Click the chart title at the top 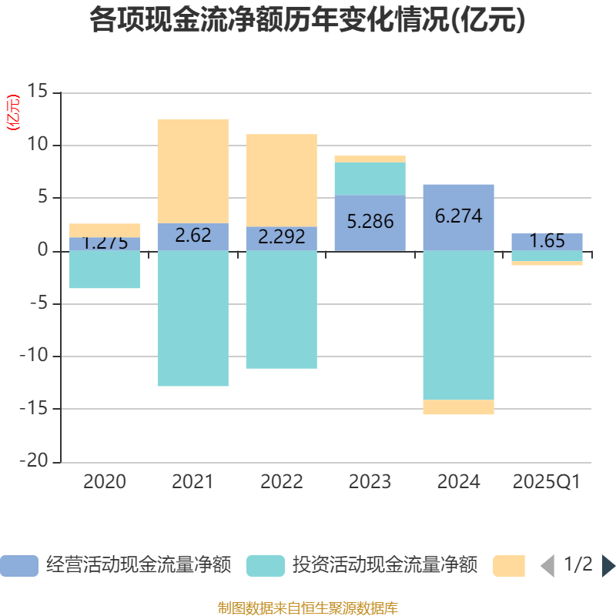[x=307, y=20]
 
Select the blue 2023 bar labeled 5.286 [x=370, y=223]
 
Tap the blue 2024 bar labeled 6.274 [x=458, y=217]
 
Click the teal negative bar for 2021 [x=192, y=318]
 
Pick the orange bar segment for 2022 [x=281, y=180]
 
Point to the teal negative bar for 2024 [x=458, y=325]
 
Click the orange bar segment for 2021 [x=192, y=171]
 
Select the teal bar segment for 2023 [x=370, y=179]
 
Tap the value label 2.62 [x=192, y=236]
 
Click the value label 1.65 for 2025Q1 [x=547, y=241]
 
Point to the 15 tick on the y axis [x=38, y=92]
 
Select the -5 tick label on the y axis [x=38, y=303]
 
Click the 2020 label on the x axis [x=105, y=483]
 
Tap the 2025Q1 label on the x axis [x=547, y=483]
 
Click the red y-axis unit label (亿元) [x=13, y=113]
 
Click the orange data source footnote [x=307, y=608]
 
